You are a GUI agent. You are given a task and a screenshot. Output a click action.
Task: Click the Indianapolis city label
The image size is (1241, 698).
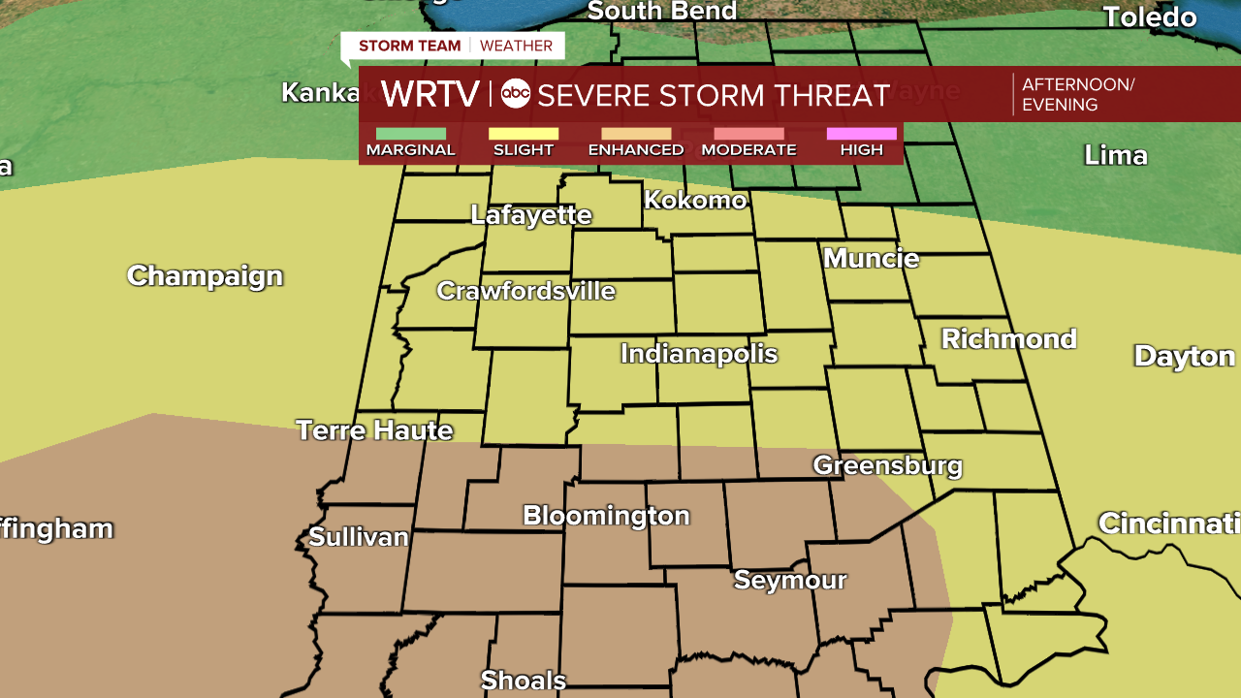[699, 354]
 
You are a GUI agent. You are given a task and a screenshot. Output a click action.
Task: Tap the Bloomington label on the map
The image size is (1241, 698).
[606, 516]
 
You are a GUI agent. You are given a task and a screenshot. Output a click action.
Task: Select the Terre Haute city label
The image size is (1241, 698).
[374, 430]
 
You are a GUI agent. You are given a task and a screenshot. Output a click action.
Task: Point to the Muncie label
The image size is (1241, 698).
[871, 259]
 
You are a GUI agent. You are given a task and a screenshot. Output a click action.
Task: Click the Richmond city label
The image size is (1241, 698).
[1008, 339]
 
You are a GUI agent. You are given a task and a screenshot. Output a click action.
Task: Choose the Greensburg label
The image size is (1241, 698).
[887, 466]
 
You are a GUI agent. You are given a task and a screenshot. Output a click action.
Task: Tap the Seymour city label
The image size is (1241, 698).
[790, 581]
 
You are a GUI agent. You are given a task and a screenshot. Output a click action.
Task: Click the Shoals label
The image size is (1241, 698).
[524, 681]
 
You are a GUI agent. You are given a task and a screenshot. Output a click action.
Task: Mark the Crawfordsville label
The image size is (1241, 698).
[525, 291]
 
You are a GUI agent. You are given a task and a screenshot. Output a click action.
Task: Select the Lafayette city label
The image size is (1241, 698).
[530, 215]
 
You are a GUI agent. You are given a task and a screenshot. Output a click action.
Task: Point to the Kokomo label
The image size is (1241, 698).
[695, 201]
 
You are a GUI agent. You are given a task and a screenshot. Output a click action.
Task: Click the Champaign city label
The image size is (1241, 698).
[205, 276]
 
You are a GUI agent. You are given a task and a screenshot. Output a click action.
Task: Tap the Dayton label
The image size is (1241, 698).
[1185, 356]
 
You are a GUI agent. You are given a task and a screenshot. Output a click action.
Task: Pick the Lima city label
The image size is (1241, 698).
[1115, 155]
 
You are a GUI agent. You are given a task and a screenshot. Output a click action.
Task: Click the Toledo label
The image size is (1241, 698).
[1150, 17]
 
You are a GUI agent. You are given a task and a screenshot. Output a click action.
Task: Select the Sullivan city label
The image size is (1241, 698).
[359, 537]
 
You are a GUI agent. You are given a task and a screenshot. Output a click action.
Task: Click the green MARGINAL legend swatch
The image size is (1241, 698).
[410, 134]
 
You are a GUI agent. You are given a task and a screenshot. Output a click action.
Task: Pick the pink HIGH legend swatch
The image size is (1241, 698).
[861, 134]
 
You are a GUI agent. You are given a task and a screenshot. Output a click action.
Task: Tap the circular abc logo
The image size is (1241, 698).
[515, 94]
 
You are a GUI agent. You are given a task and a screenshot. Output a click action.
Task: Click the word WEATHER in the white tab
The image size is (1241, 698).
[516, 46]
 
